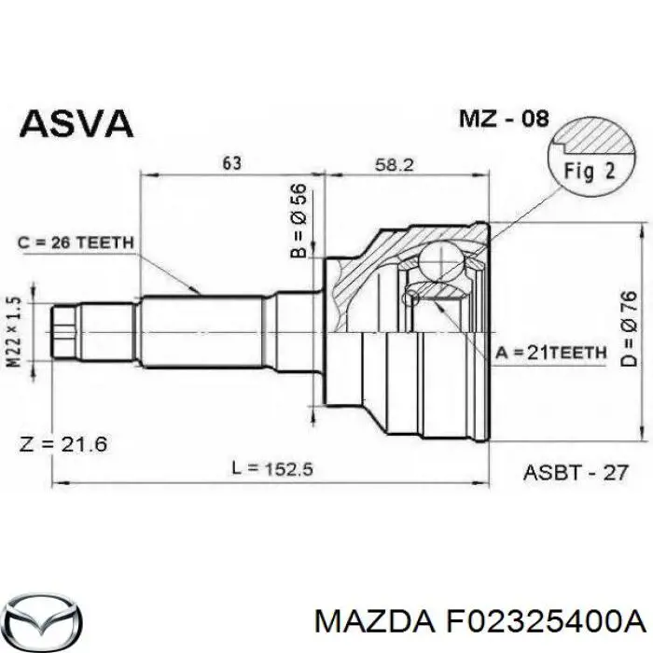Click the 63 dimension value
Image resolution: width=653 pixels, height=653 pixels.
(x=232, y=163)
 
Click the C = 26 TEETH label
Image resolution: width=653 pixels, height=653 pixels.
(x=76, y=243)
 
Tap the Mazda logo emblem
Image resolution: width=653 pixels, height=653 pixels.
(x=42, y=619)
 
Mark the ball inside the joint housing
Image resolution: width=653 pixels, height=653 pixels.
(x=437, y=258)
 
